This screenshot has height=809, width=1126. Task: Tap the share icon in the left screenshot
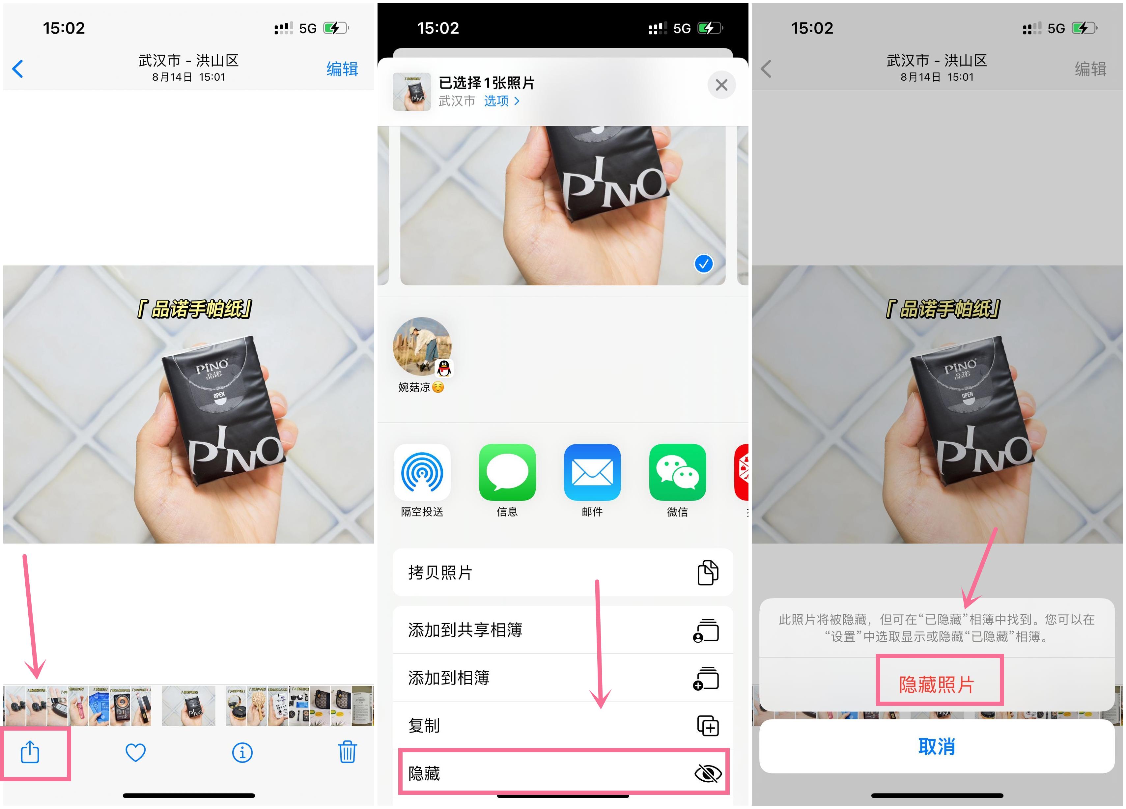tap(30, 752)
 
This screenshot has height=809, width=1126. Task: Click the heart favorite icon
tap(135, 752)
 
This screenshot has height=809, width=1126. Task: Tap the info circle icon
tap(242, 752)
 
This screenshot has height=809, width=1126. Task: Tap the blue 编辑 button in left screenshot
tap(342, 69)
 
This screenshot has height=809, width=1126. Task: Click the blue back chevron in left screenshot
tap(18, 69)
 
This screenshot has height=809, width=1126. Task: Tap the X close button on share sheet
tap(721, 85)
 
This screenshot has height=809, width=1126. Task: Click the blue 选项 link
tap(501, 101)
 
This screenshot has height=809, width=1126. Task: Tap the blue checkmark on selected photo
tap(703, 264)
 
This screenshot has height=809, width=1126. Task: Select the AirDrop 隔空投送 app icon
tap(422, 472)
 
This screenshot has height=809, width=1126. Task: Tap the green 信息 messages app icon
tap(507, 472)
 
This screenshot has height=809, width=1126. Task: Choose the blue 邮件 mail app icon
tap(592, 472)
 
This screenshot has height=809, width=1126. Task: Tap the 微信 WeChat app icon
tap(677, 472)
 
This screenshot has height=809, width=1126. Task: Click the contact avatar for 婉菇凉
tap(422, 347)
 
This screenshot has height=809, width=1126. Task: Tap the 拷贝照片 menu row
tap(562, 572)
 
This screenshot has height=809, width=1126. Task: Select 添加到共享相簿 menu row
tap(562, 630)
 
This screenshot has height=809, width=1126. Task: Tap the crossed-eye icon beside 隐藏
tap(708, 773)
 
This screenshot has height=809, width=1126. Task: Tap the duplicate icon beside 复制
tap(708, 726)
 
